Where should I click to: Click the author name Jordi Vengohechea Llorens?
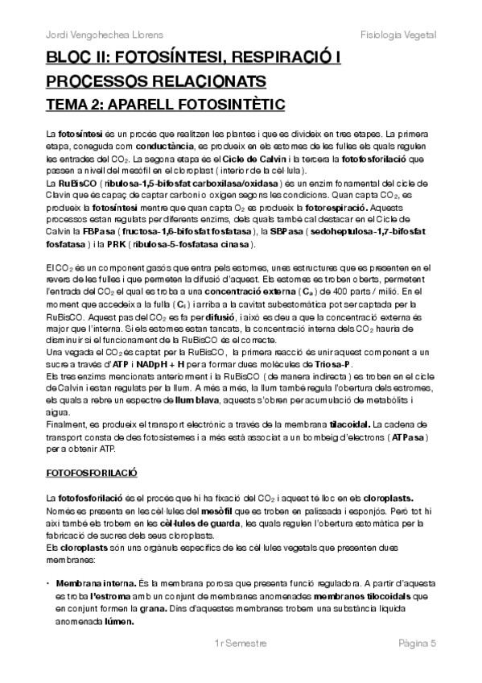[x=98, y=35]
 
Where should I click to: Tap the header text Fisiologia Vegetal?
[x=398, y=35]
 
